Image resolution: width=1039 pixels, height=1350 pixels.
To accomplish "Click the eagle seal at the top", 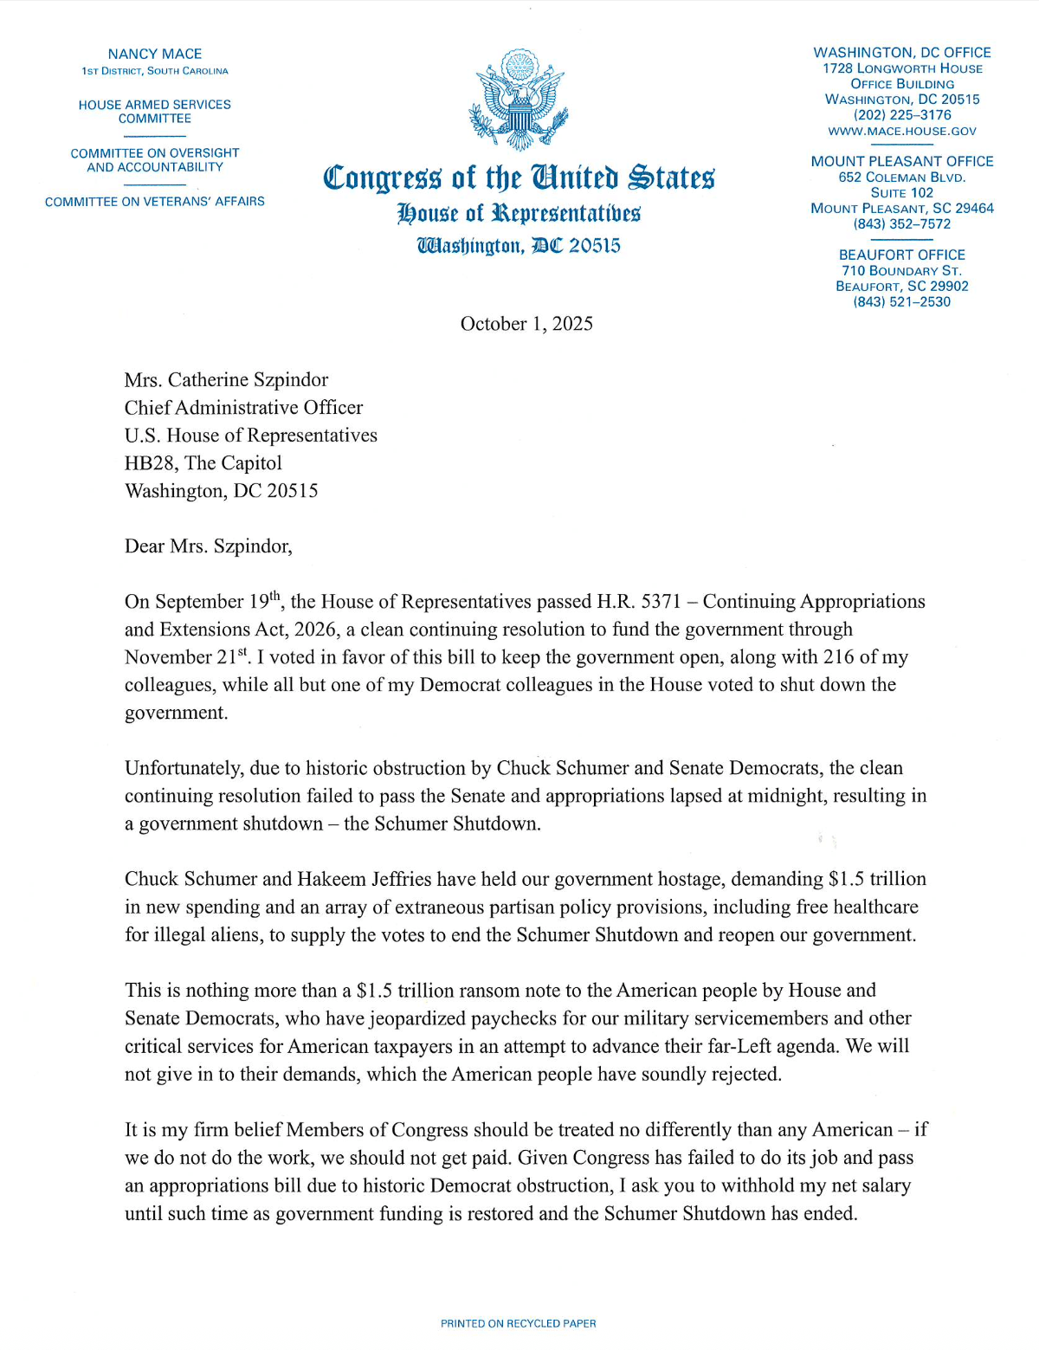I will tap(518, 100).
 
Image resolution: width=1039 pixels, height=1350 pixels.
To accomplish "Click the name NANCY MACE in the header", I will tap(155, 54).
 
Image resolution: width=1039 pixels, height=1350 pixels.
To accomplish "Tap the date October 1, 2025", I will tap(526, 324).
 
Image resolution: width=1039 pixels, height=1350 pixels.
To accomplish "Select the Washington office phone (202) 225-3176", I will tap(902, 115).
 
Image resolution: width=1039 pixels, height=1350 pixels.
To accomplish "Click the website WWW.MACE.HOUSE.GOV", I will tap(902, 131).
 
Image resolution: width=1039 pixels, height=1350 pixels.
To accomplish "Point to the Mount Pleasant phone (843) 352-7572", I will tap(902, 224).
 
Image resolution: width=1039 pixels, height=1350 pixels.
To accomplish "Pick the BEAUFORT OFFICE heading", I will tap(902, 255).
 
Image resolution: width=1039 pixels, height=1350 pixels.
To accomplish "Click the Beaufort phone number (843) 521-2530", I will tap(902, 302).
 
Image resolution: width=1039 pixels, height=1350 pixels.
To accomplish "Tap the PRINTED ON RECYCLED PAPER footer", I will tap(518, 1323).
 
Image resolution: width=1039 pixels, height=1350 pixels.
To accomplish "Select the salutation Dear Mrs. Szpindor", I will tap(209, 546).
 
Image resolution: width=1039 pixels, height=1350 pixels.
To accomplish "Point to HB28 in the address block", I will tap(150, 463).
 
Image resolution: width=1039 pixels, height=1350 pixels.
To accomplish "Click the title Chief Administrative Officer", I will tap(243, 408).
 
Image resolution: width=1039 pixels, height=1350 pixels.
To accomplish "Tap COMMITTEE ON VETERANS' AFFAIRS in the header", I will tap(155, 202).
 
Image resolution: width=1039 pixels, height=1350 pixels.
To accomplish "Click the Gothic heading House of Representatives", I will tap(519, 213).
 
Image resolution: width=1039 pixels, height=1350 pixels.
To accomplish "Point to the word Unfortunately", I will tap(182, 769).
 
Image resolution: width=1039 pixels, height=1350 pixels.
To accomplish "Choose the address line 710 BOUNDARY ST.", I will tap(902, 271).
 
